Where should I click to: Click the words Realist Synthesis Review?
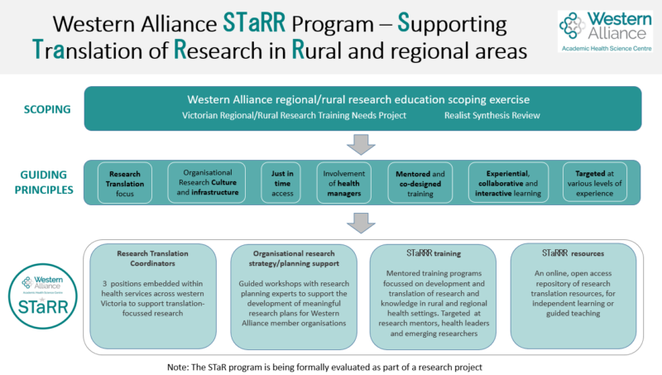point(492,116)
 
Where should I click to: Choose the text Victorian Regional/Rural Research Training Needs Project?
point(294,116)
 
